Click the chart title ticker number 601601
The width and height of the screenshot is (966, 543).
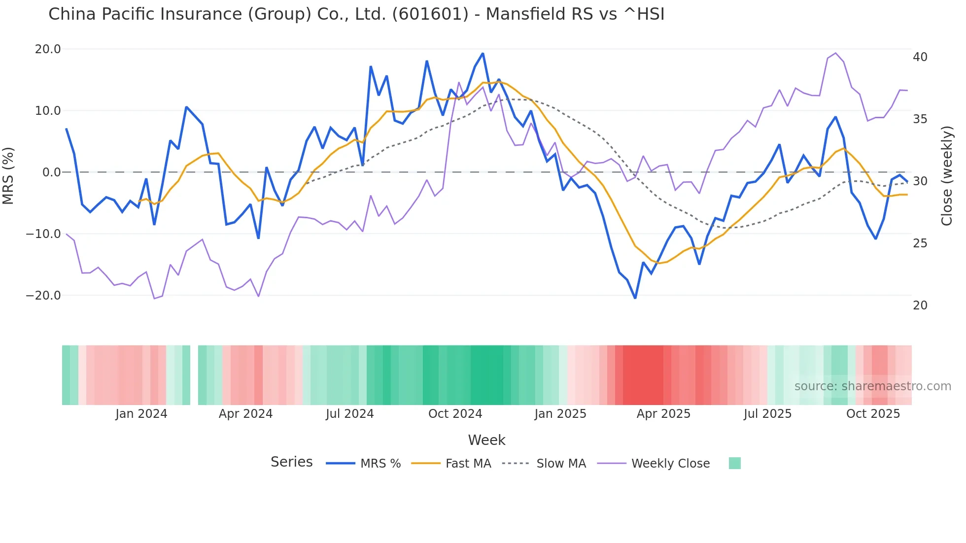430,14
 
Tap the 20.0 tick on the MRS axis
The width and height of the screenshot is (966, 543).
48,49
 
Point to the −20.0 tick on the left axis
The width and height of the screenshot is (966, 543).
43,296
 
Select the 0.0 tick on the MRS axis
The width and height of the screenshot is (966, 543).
52,172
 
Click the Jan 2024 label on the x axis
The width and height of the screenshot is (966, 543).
141,414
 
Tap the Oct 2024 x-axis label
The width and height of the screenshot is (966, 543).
455,414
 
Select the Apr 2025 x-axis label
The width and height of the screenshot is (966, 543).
663,414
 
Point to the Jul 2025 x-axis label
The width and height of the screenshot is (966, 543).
767,414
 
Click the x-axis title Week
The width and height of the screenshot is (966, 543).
486,440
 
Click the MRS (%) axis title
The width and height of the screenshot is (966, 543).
8,176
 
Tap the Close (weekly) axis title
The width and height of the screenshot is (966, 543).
947,176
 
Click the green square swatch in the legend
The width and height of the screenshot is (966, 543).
734,463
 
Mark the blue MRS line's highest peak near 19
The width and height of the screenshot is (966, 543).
483,54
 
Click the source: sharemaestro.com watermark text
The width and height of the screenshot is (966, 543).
872,386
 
